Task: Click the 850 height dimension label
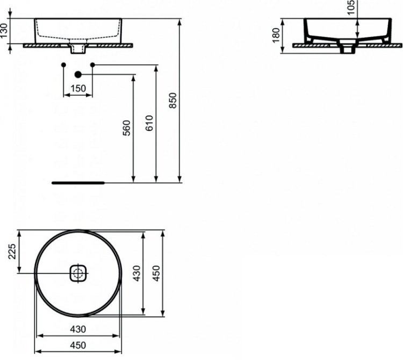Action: point(173,100)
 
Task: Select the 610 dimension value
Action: point(149,124)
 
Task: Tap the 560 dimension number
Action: point(127,128)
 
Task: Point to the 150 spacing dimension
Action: point(78,89)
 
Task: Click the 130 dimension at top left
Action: point(4,31)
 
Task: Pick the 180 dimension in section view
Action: point(276,35)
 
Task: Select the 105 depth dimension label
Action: point(350,8)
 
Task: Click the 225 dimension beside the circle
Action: point(12,251)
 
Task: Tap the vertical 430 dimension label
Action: point(137,273)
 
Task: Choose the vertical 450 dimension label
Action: point(156,273)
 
